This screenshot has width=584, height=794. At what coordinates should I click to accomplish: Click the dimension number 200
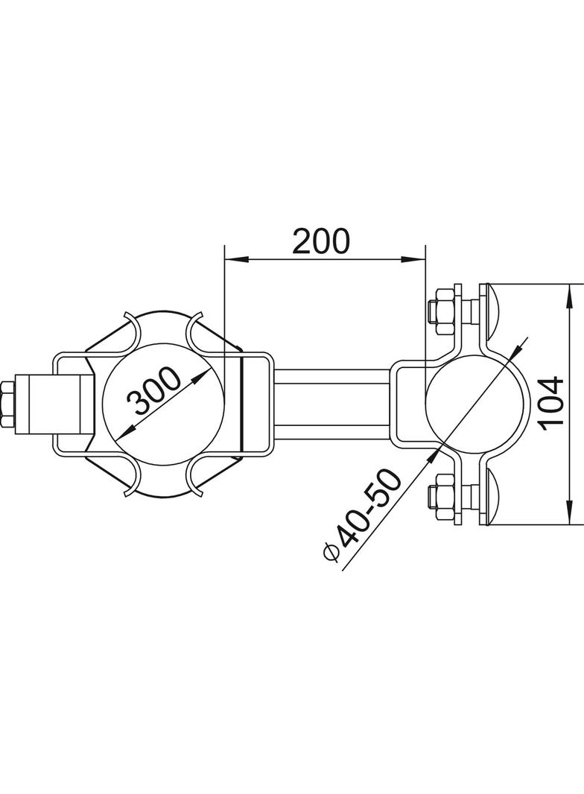[320, 241]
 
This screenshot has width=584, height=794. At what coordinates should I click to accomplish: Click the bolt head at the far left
[8, 405]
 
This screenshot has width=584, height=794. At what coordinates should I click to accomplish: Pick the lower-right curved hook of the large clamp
[197, 477]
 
